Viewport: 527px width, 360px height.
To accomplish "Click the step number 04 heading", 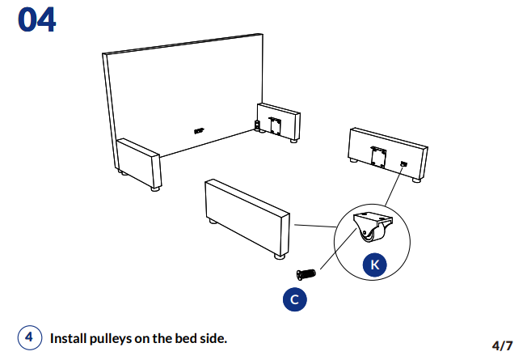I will [x=36, y=20].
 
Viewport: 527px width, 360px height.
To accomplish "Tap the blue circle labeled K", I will [x=373, y=264].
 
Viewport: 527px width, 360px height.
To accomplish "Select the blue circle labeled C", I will [x=294, y=299].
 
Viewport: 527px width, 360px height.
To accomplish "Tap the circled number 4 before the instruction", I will [x=29, y=337].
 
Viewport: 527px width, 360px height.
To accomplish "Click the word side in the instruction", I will [x=213, y=337].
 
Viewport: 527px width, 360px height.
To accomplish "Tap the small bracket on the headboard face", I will [x=199, y=129].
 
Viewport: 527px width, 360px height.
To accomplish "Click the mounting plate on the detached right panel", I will [x=377, y=154].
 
